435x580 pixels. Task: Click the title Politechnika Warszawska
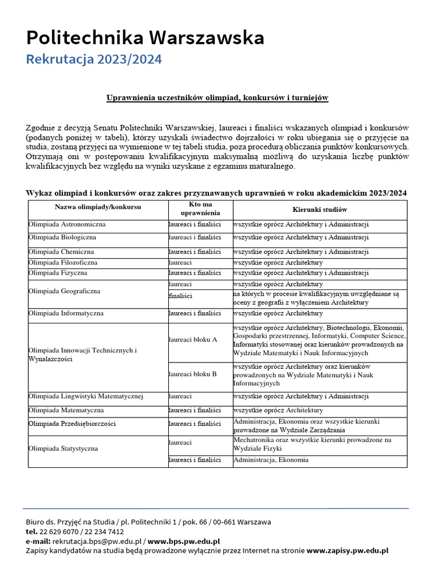tap(145, 38)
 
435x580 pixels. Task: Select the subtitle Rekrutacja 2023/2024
tap(94, 59)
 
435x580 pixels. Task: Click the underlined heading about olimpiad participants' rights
tap(217, 98)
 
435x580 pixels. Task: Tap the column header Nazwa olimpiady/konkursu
tap(98, 207)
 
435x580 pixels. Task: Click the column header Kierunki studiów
tap(319, 210)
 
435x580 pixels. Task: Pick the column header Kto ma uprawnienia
tap(200, 208)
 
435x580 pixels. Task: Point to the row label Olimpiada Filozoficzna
tap(63, 263)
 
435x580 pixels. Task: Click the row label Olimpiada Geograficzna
tap(64, 291)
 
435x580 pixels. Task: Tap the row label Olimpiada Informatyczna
tap(66, 313)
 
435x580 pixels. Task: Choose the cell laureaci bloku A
tap(193, 340)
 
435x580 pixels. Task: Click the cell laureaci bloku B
tap(193, 374)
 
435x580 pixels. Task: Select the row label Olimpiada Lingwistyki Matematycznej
tap(86, 396)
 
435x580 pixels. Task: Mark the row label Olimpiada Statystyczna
tap(63, 449)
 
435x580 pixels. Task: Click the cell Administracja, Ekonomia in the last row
tap(271, 460)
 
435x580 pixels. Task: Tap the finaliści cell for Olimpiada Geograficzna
tap(181, 296)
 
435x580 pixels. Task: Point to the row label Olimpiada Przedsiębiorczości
tap(72, 424)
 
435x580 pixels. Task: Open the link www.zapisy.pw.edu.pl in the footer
tap(347, 551)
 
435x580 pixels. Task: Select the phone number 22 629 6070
tap(59, 532)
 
